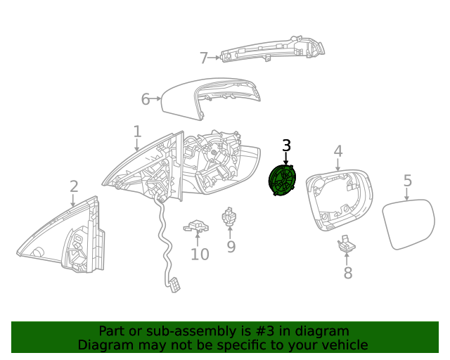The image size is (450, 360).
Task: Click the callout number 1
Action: pyautogui.click(x=137, y=131)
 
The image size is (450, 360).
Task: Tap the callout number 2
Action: pyautogui.click(x=74, y=186)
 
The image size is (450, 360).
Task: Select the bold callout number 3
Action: pyautogui.click(x=286, y=146)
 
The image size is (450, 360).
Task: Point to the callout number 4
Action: pyautogui.click(x=337, y=151)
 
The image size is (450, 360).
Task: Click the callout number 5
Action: pyautogui.click(x=408, y=181)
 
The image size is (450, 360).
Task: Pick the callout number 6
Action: pyautogui.click(x=146, y=99)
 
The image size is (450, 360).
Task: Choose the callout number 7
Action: pyautogui.click(x=204, y=58)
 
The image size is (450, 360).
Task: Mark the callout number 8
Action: pyautogui.click(x=347, y=274)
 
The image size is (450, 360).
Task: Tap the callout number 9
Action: pyautogui.click(x=231, y=247)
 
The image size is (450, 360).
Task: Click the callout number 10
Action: pyautogui.click(x=200, y=254)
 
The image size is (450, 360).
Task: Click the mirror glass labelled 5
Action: pyautogui.click(x=409, y=224)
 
